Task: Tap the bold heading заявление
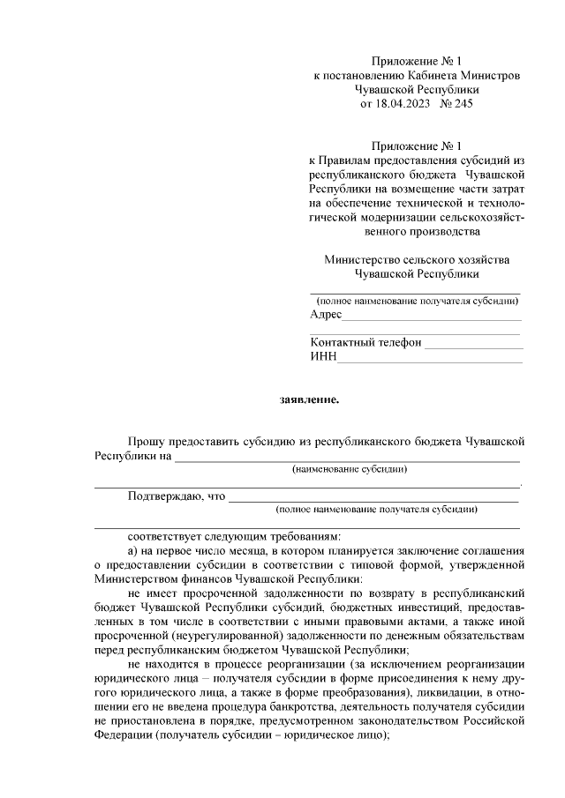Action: click(x=309, y=399)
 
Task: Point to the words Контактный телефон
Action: click(x=365, y=342)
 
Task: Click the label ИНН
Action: click(x=323, y=356)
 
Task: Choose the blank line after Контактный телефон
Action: click(x=473, y=346)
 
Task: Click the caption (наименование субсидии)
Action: click(x=350, y=470)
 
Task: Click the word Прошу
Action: click(x=145, y=441)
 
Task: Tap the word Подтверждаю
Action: click(x=164, y=496)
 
